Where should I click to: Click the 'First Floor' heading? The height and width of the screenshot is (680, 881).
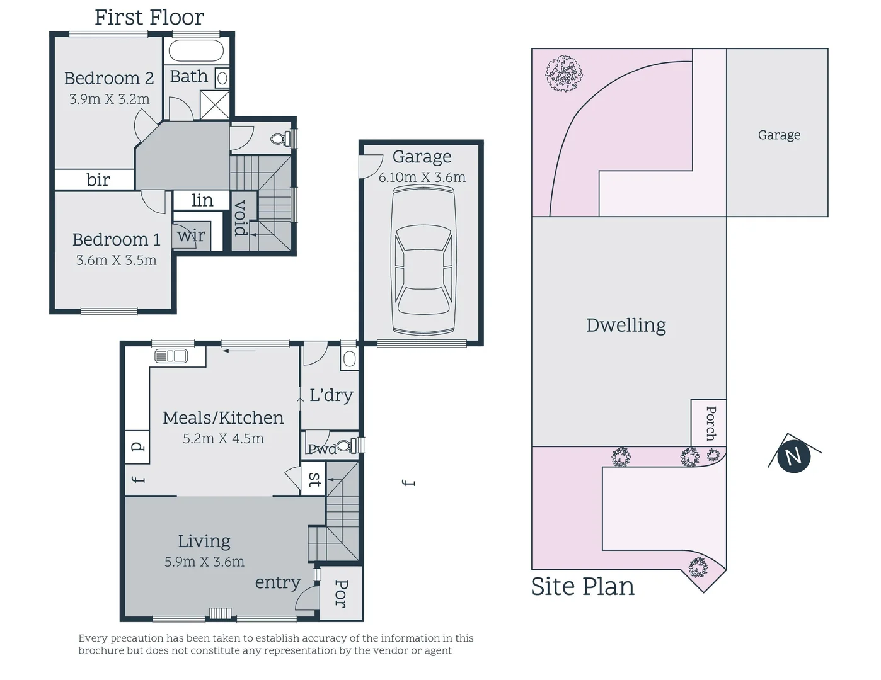149,18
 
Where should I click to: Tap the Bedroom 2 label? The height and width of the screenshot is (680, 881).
109,78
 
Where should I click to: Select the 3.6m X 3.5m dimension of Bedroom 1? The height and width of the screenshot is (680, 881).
116,260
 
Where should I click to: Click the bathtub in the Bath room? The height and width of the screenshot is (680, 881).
196,51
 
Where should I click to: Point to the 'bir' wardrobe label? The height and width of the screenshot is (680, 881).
98,180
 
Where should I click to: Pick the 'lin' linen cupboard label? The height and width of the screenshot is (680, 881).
202,200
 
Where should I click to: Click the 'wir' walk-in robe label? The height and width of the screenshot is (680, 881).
191,235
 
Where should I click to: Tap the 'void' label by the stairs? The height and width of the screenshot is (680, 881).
241,218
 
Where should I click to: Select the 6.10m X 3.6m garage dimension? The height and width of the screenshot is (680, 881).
422,178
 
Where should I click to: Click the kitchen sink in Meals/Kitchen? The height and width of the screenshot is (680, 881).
171,356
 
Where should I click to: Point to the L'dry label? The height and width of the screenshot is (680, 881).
331,395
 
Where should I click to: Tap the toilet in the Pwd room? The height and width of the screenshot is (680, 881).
344,446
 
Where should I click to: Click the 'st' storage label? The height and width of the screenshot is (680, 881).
314,480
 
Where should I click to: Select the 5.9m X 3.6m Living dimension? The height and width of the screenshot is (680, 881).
204,562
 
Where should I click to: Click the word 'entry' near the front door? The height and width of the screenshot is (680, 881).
277,582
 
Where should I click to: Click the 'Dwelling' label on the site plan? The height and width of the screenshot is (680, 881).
626,325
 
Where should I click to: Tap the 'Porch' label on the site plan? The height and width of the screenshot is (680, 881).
710,422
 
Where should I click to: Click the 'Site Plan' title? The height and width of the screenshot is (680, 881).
582,586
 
